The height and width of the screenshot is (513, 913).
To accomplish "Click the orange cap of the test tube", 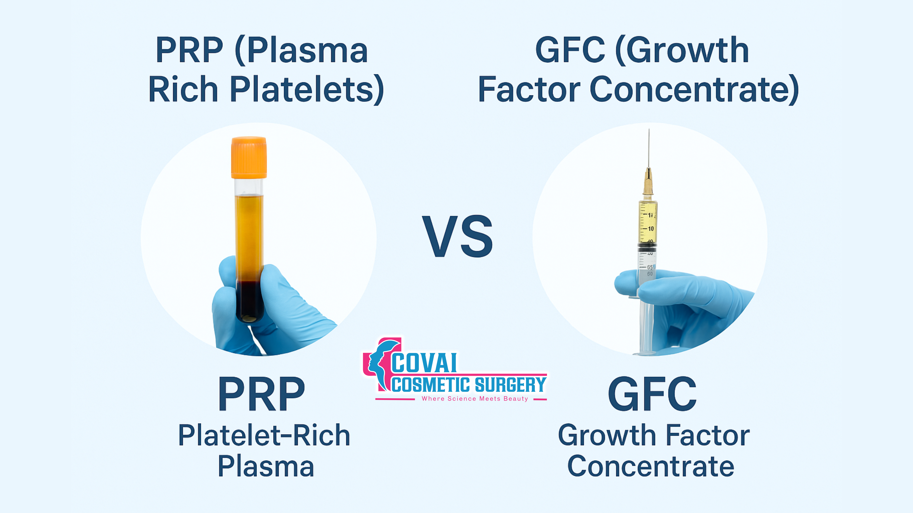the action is point(249,157).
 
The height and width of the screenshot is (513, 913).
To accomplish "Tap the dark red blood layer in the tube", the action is point(250,301).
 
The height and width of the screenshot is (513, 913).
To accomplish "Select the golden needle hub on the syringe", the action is point(648,181).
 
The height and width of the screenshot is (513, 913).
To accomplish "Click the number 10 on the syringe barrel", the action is point(651,229).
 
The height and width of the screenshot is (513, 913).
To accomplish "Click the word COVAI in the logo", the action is point(424,363).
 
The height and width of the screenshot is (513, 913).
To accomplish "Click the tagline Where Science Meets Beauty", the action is point(475,399).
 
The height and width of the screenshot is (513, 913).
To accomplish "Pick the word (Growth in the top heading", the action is point(682,51).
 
